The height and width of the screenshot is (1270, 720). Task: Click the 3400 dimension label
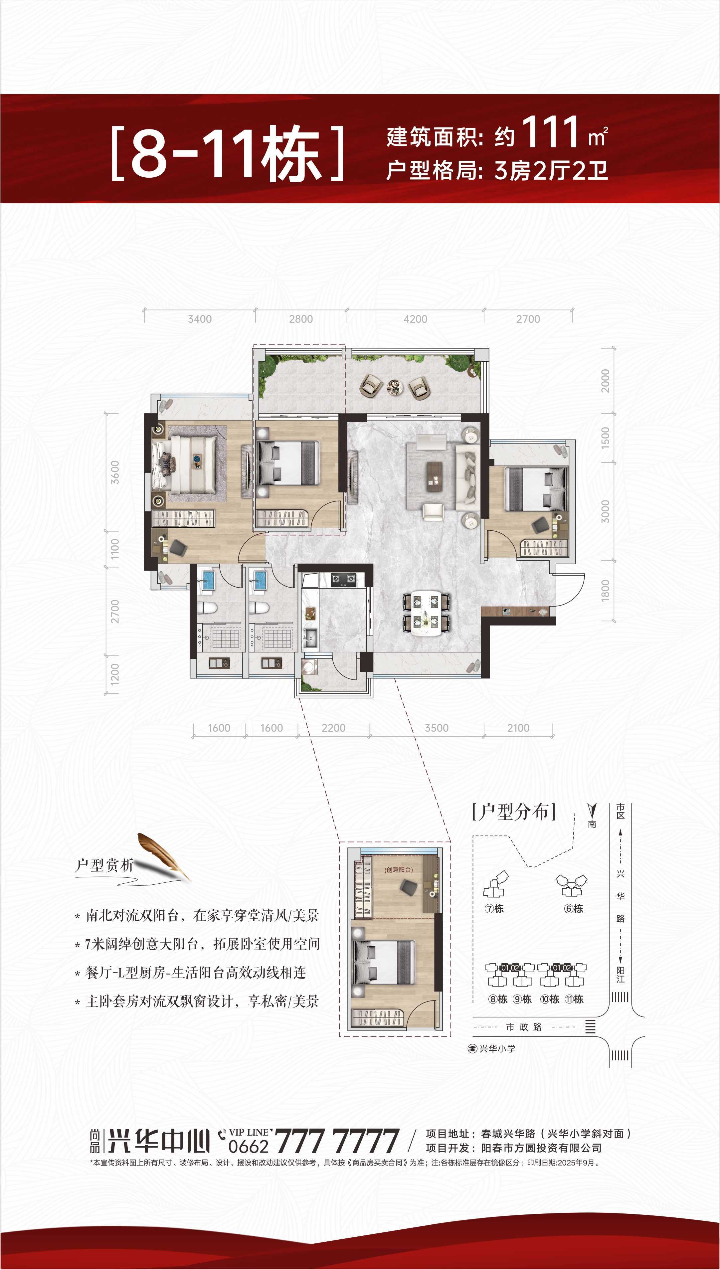click(x=200, y=319)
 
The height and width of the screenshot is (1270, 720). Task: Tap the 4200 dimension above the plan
click(x=415, y=319)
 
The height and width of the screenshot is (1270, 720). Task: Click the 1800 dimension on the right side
click(x=605, y=591)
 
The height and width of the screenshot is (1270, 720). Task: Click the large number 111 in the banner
click(x=550, y=132)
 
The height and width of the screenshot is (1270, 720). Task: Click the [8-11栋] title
click(x=228, y=153)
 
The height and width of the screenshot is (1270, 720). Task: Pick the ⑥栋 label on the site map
click(x=574, y=909)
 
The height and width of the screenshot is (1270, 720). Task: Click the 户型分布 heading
click(x=514, y=812)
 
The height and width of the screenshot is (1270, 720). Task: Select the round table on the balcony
click(x=394, y=387)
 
